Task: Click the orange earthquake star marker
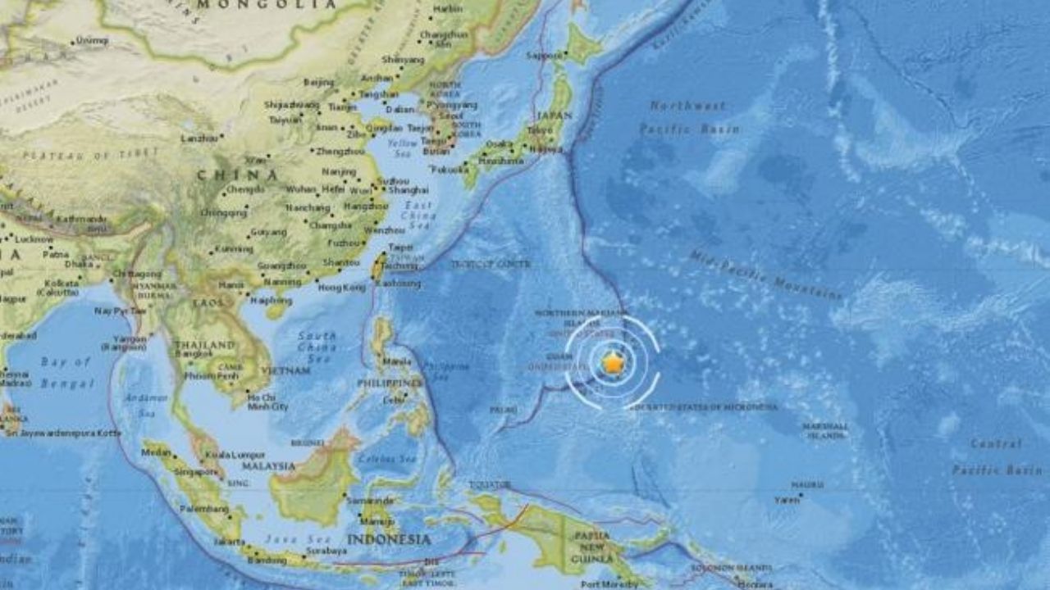(x=613, y=363)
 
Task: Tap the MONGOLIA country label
(x=267, y=4)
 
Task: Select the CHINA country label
(x=237, y=175)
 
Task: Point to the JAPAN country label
(x=555, y=116)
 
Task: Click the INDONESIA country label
(x=388, y=539)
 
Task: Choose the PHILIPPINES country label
(x=390, y=383)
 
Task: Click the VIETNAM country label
(x=281, y=371)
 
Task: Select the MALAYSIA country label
(x=268, y=465)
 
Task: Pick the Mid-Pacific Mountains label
(x=766, y=275)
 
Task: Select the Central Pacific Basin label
(x=997, y=456)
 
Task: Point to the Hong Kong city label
(x=341, y=287)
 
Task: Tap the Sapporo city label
(x=546, y=56)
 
